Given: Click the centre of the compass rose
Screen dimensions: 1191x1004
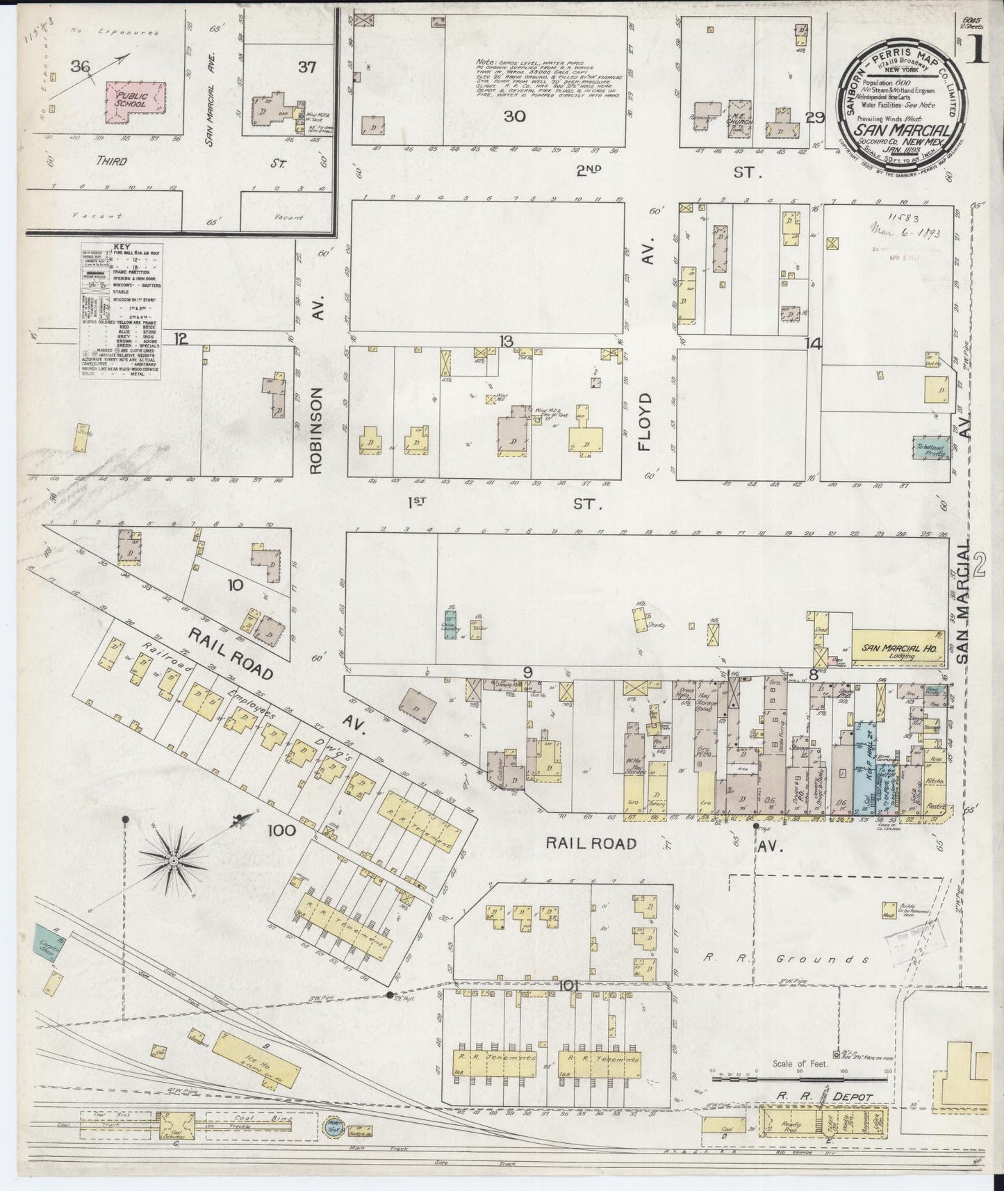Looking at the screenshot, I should (172, 862).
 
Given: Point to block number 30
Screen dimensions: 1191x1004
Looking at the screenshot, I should (515, 116).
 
